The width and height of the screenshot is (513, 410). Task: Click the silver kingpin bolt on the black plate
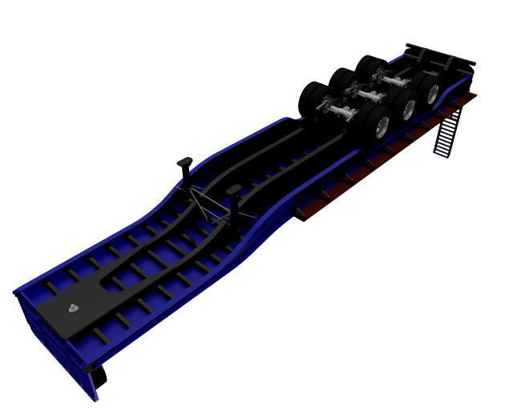coord(74,307)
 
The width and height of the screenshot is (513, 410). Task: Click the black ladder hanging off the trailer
coord(447,132)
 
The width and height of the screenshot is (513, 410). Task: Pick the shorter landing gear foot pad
coord(234,190)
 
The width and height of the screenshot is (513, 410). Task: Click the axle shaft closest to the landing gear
coord(341,111)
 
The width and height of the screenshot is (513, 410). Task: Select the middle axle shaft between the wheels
coord(370,94)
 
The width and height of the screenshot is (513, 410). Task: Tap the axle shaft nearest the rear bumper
coord(396,78)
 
